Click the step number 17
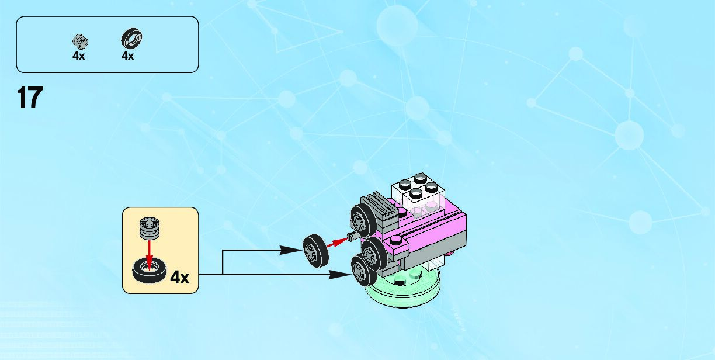(29, 98)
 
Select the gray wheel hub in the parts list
(79, 41)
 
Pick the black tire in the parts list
(132, 39)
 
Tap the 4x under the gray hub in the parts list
(78, 56)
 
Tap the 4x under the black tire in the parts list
(127, 56)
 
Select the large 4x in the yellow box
(179, 277)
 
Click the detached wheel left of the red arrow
(314, 248)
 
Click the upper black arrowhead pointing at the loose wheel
(290, 250)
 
